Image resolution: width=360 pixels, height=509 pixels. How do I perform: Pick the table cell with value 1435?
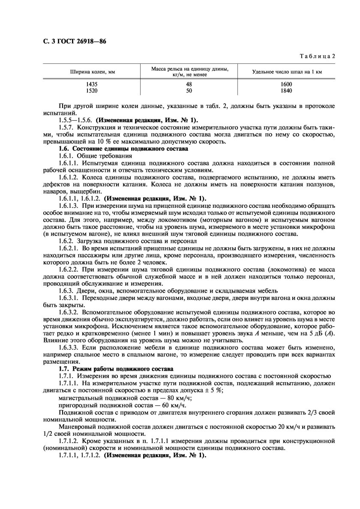(92, 84)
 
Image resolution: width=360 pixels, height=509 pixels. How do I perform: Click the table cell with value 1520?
(92, 91)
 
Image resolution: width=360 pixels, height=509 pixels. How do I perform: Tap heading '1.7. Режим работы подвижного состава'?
(114, 368)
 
